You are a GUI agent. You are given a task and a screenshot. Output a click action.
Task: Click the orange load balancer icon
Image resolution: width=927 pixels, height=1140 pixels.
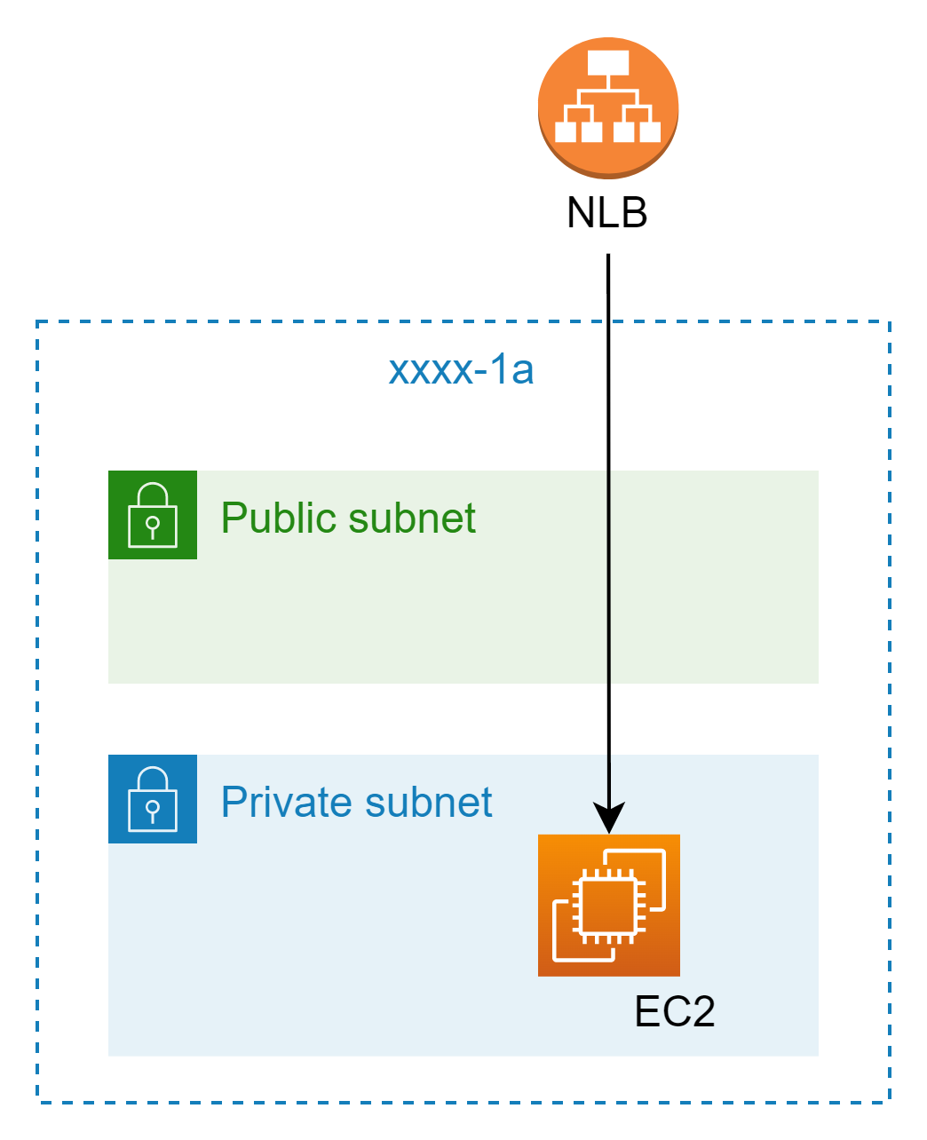click(x=608, y=107)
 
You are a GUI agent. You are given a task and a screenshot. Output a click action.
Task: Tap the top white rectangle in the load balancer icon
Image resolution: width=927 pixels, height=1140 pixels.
click(x=608, y=63)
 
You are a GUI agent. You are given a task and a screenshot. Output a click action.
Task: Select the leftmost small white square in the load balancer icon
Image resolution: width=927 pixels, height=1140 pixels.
click(x=566, y=132)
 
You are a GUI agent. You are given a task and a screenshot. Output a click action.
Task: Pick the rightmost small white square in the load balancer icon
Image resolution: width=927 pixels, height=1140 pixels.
click(x=650, y=132)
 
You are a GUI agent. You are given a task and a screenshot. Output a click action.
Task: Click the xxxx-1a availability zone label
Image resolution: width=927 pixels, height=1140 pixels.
click(x=461, y=369)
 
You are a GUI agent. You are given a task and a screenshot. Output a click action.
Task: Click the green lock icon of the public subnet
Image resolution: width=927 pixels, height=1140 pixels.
click(x=153, y=515)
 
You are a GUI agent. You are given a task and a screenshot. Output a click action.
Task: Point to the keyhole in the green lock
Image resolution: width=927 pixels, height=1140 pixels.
click(x=153, y=526)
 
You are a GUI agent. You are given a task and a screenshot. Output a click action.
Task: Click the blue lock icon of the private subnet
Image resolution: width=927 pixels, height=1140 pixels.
click(x=153, y=799)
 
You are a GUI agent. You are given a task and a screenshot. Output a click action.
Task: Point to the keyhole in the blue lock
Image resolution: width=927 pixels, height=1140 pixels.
click(x=153, y=810)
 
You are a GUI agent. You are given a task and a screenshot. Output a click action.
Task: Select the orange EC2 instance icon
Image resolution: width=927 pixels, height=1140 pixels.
click(x=609, y=905)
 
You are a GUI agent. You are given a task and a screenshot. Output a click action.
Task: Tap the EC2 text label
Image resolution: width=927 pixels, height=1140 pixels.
click(x=675, y=1011)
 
